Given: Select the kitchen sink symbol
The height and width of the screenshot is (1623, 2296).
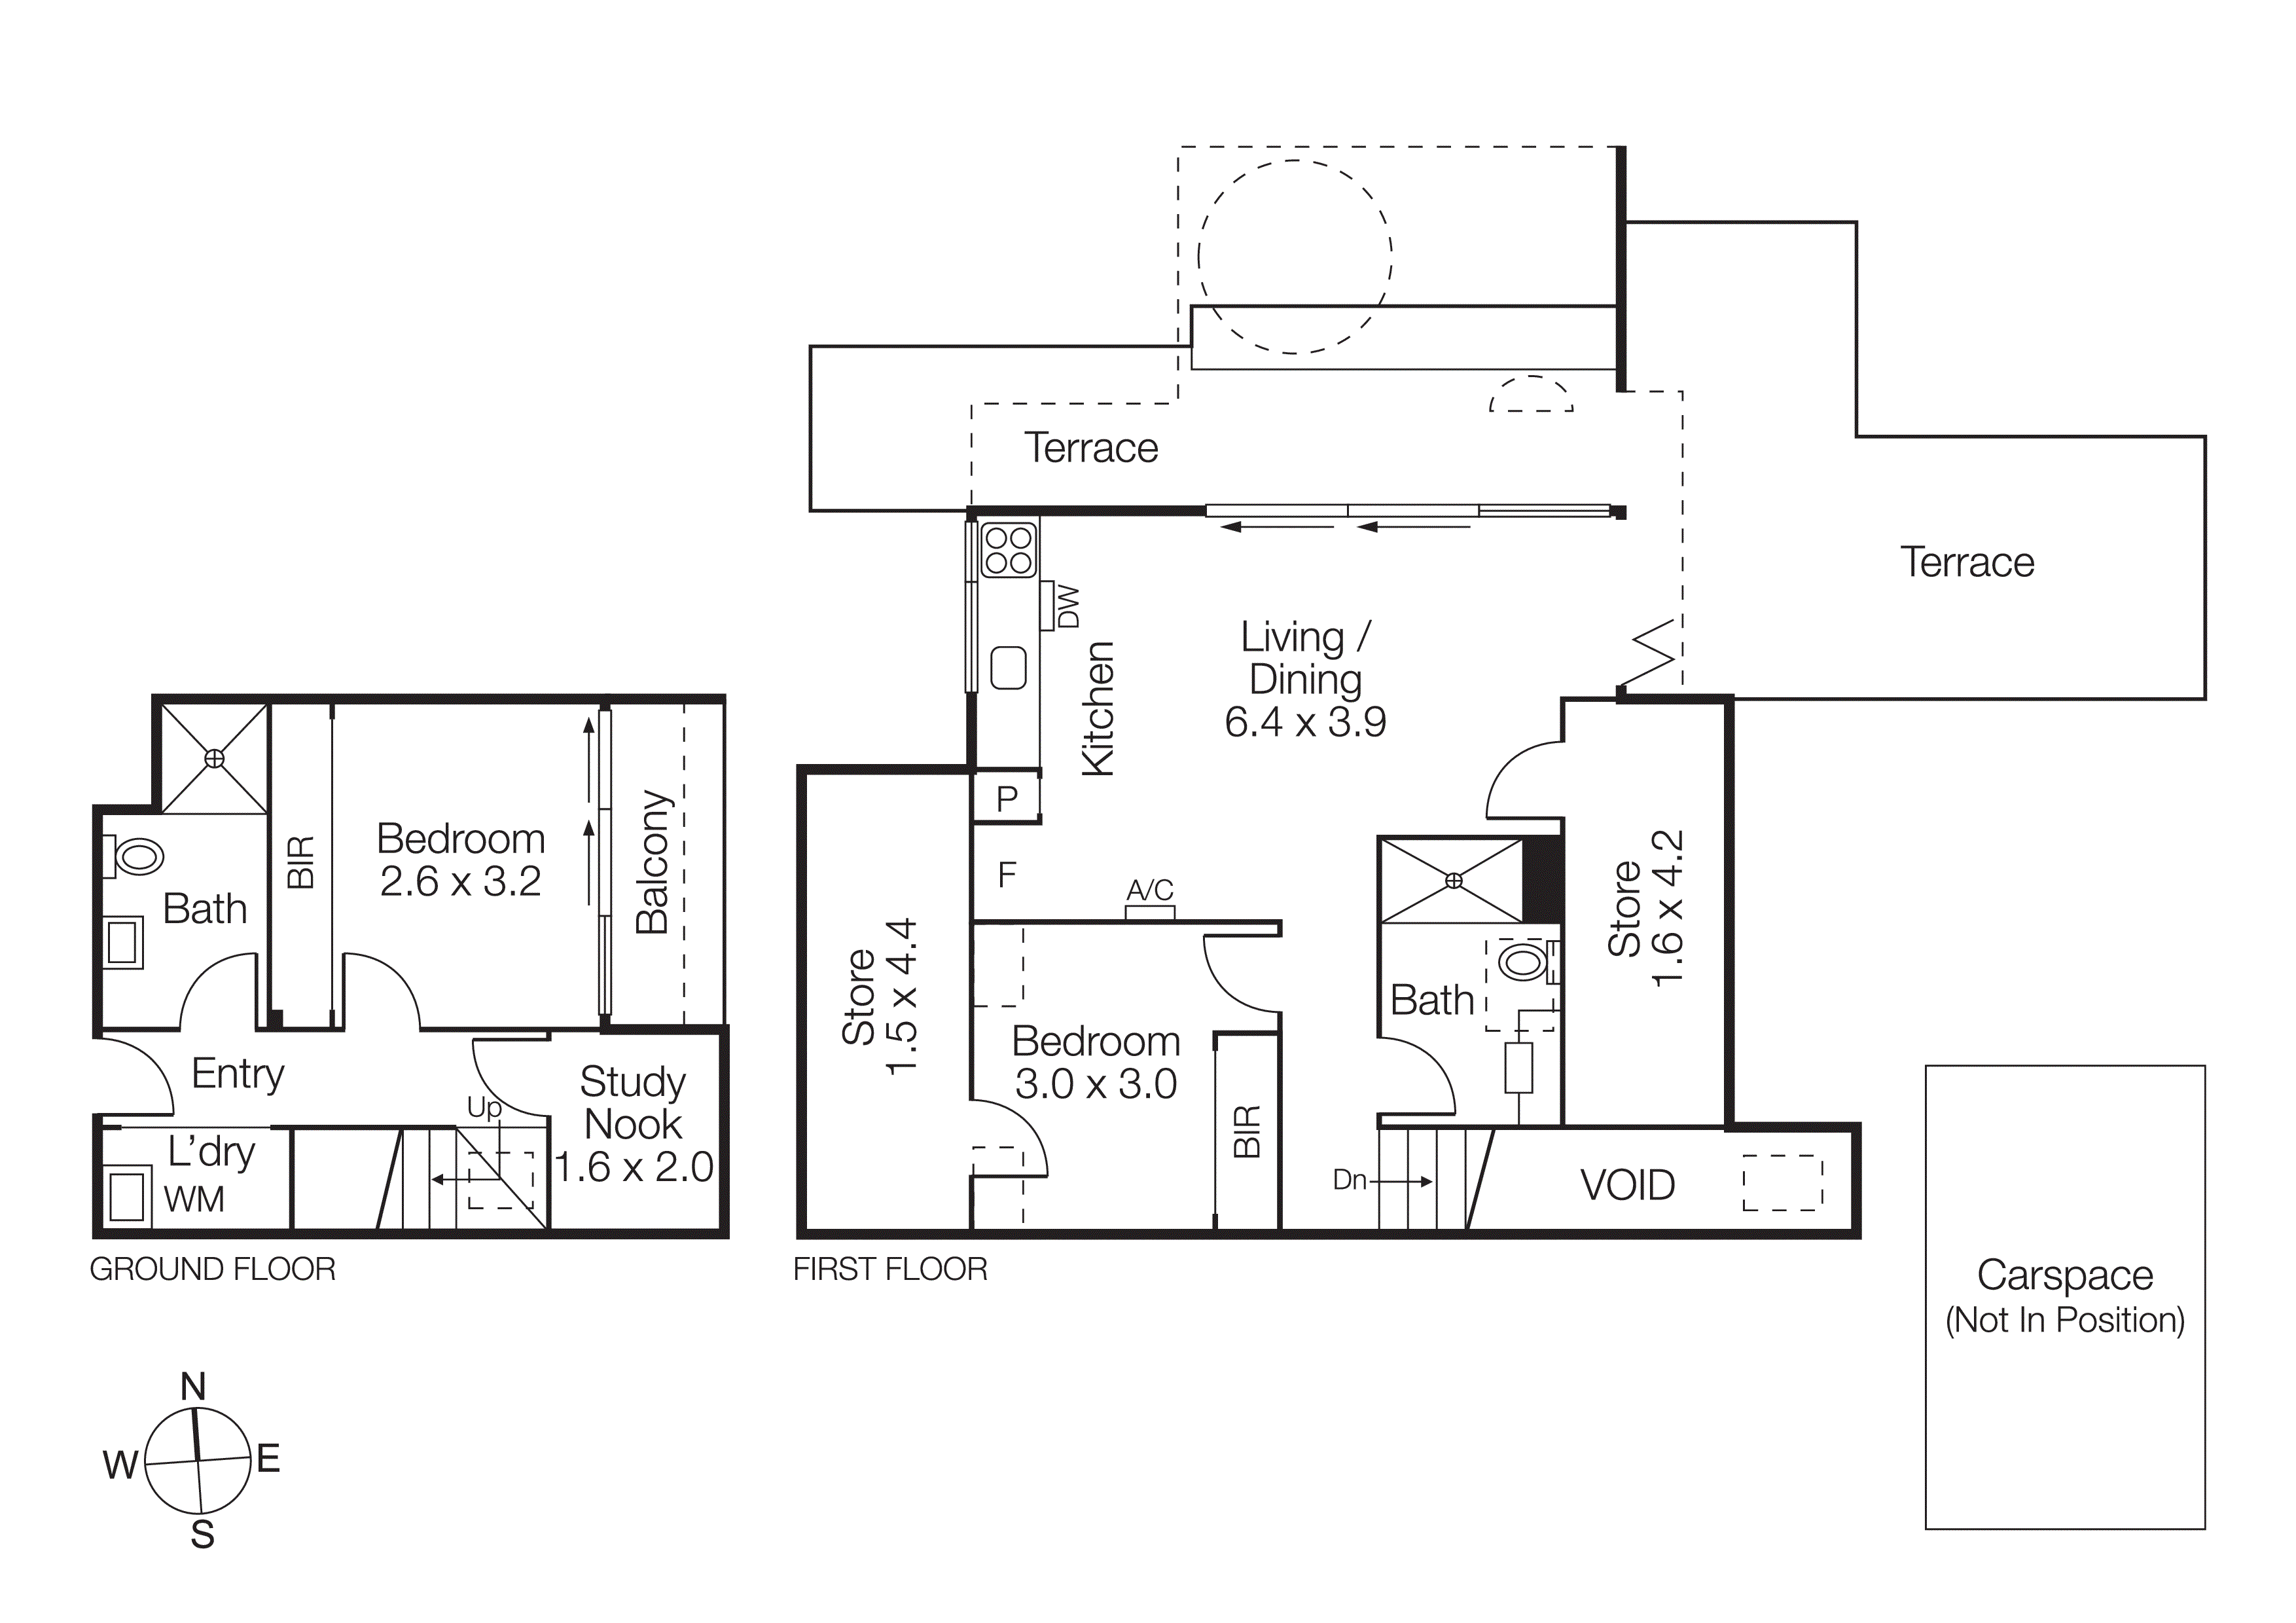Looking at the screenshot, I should click(x=1008, y=667).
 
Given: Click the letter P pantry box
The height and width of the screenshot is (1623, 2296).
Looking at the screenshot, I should click(x=1007, y=799).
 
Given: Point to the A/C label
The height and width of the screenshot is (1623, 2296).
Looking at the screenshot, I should click(x=1150, y=890).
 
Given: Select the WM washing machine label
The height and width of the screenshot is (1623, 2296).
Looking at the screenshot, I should click(x=194, y=1199).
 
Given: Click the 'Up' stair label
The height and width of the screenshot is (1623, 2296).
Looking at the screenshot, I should click(x=484, y=1107).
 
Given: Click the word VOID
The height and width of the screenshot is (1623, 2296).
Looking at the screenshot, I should click(x=1627, y=1185).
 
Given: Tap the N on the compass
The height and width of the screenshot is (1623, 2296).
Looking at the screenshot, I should click(x=193, y=1387).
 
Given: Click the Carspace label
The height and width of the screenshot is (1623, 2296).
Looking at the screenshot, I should click(x=2064, y=1275).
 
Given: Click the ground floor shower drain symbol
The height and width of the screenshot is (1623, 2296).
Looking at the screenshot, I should click(x=214, y=759).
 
